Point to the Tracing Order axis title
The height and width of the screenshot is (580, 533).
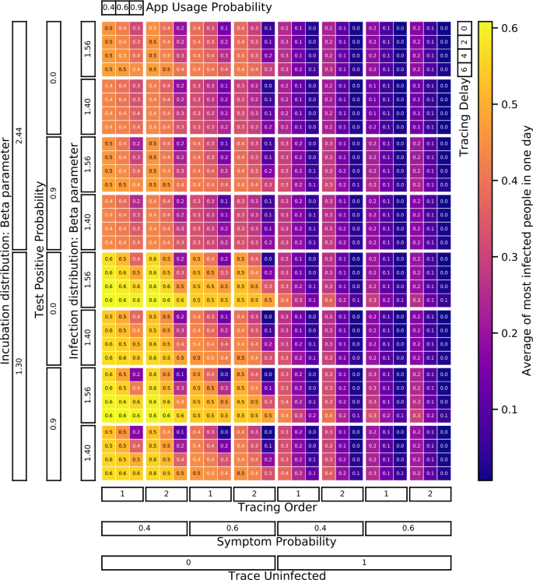pyautogui.click(x=276, y=507)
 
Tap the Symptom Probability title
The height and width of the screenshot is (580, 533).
pyautogui.click(x=276, y=540)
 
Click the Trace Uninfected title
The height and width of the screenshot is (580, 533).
pyautogui.click(x=276, y=575)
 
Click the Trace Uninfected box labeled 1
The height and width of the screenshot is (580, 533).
pyautogui.click(x=364, y=562)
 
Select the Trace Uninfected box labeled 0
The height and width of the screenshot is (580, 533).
pyautogui.click(x=188, y=562)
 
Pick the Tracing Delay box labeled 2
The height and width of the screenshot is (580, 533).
pyautogui.click(x=465, y=42)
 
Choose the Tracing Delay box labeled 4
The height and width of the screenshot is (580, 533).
pyautogui.click(x=465, y=56)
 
